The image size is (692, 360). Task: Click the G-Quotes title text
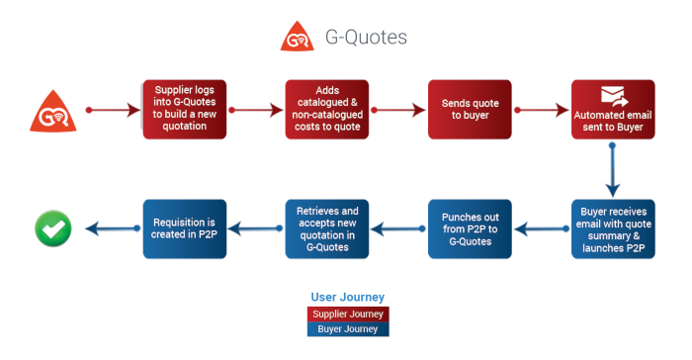[366, 38]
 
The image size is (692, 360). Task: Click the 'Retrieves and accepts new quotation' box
[327, 228]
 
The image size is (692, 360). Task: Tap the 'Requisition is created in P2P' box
[185, 228]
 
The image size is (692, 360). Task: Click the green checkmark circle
[51, 228]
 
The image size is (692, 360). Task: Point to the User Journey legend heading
[347, 297]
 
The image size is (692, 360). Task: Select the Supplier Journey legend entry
[347, 314]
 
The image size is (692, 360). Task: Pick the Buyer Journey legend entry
[347, 329]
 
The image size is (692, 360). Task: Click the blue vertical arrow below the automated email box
[613, 170]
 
